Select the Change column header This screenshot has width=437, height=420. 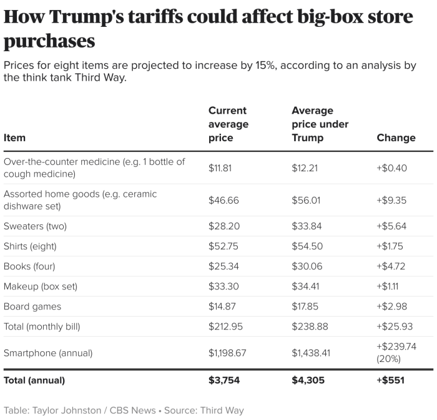(x=396, y=137)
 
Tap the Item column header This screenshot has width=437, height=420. (x=14, y=137)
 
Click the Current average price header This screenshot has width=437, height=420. (x=228, y=124)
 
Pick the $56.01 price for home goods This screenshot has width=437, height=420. (x=306, y=200)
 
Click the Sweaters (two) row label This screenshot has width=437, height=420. (x=35, y=226)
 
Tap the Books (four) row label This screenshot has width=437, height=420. (x=29, y=266)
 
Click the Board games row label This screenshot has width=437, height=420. (x=32, y=306)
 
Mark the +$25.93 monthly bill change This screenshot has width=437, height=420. (x=393, y=326)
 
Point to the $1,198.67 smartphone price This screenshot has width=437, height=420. (x=227, y=352)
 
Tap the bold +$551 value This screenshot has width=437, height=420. (x=391, y=380)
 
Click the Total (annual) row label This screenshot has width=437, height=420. (x=34, y=380)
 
